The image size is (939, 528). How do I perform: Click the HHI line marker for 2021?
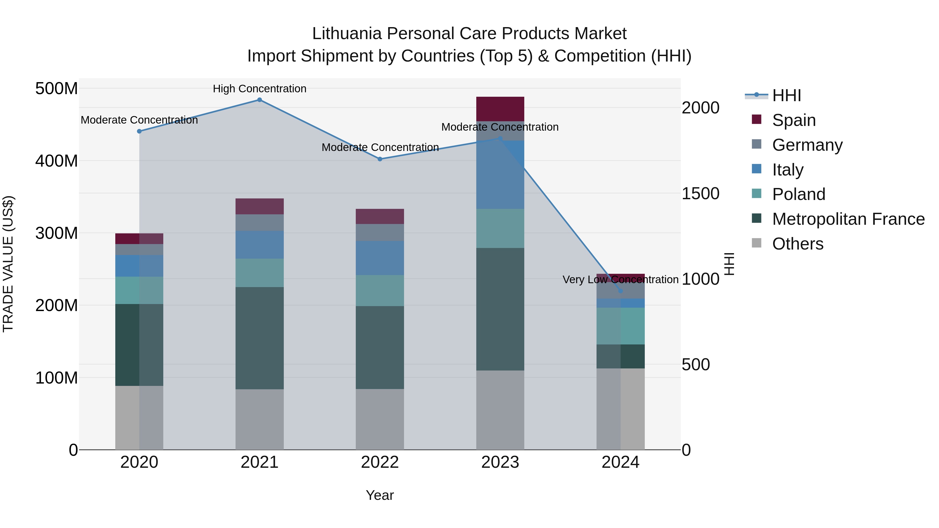click(x=260, y=100)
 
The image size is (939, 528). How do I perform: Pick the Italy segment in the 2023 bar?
click(x=500, y=175)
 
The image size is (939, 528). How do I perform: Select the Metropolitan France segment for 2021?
click(x=260, y=338)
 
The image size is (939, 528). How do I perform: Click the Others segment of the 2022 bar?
click(x=380, y=419)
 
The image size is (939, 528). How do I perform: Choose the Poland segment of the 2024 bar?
click(x=621, y=326)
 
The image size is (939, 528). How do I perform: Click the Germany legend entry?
click(x=807, y=145)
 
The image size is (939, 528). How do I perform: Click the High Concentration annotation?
click(x=260, y=89)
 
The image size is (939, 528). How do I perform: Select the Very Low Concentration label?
click(x=621, y=280)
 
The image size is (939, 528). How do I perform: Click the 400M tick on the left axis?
click(x=57, y=161)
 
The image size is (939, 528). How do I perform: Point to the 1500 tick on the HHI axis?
click(x=700, y=193)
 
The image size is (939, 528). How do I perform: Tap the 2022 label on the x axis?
click(x=380, y=462)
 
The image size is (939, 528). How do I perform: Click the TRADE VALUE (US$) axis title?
click(x=8, y=264)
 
